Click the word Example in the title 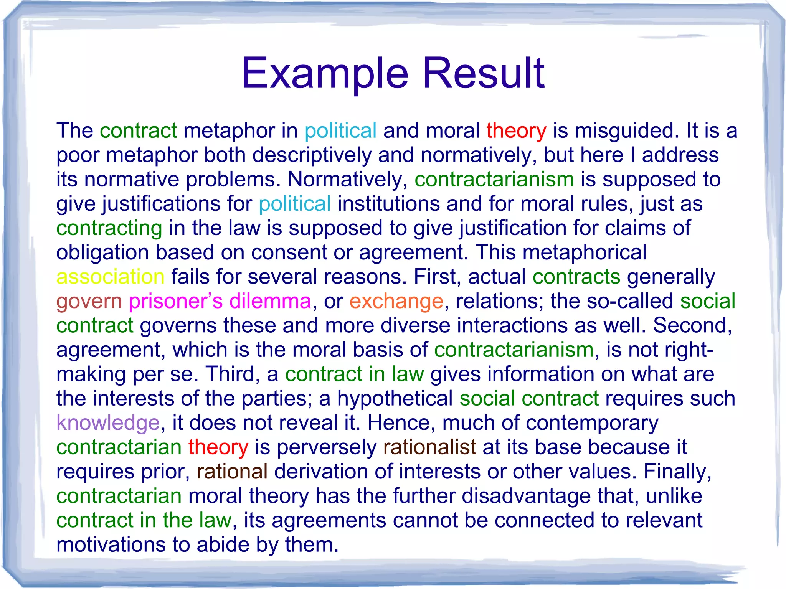pos(325,73)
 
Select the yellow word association pos(111,277)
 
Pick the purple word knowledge pos(108,423)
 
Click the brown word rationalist pos(429,447)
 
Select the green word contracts pos(576,277)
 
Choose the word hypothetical pos(395,398)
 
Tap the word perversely pos(327,447)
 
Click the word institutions pos(388,204)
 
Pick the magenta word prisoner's pos(175,301)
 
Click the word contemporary pos(592,423)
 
